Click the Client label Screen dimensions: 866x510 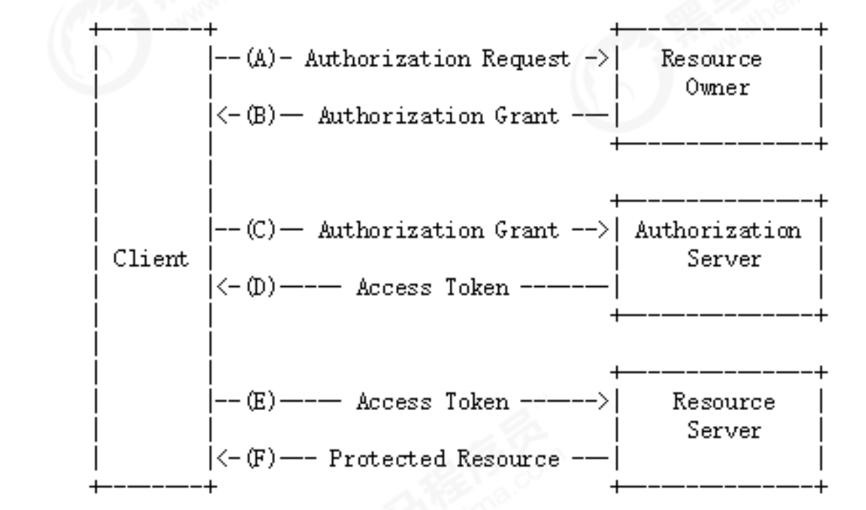[150, 259]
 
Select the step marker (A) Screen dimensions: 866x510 [260, 59]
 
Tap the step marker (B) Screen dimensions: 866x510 [260, 116]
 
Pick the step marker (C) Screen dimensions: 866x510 [260, 230]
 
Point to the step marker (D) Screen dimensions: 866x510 [260, 288]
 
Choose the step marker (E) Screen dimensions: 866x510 [260, 401]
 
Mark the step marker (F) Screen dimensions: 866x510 [260, 459]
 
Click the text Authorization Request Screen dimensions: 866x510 [437, 59]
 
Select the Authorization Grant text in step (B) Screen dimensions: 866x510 [438, 116]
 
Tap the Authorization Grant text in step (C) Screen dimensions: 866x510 [438, 230]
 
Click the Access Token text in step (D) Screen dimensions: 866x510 [432, 288]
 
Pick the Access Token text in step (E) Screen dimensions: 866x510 [432, 401]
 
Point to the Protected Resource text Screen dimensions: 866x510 [444, 459]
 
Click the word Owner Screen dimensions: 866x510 [717, 87]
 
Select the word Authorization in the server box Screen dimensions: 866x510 [717, 230]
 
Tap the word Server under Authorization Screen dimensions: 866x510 [724, 259]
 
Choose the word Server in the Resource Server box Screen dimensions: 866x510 [724, 430]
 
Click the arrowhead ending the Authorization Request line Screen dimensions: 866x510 [603, 59]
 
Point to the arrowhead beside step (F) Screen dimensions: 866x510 [223, 459]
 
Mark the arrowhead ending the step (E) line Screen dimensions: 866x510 [603, 401]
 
